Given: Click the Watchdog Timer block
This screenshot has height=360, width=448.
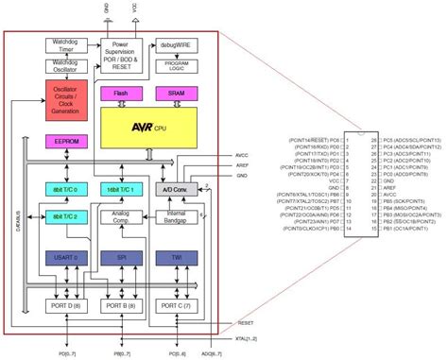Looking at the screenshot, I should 65,46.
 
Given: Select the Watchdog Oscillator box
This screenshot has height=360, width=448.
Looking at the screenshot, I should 65,68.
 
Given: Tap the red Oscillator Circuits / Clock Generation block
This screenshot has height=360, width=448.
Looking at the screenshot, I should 65,99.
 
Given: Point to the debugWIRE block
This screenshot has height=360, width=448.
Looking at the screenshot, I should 176,46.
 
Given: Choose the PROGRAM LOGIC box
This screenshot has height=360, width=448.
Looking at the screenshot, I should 176,68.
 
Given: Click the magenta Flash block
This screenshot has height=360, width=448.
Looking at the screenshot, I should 121,94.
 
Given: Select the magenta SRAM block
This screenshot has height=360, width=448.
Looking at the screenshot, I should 176,94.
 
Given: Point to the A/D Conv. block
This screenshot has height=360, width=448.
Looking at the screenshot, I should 176,190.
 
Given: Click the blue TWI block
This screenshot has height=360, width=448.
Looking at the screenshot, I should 176,257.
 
